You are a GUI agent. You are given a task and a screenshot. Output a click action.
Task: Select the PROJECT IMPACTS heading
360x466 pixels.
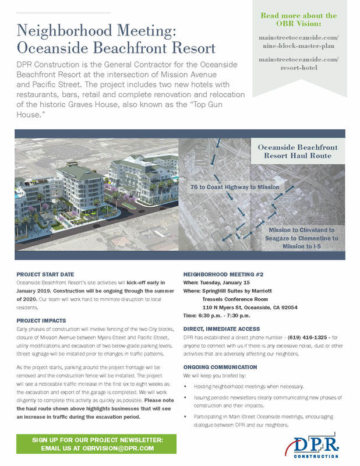41,320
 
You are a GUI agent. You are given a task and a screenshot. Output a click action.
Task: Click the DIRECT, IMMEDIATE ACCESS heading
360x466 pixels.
221,329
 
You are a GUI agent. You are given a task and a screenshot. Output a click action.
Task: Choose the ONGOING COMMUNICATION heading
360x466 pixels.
220,368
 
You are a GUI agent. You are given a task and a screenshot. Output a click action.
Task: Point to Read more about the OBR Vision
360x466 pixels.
298,20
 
